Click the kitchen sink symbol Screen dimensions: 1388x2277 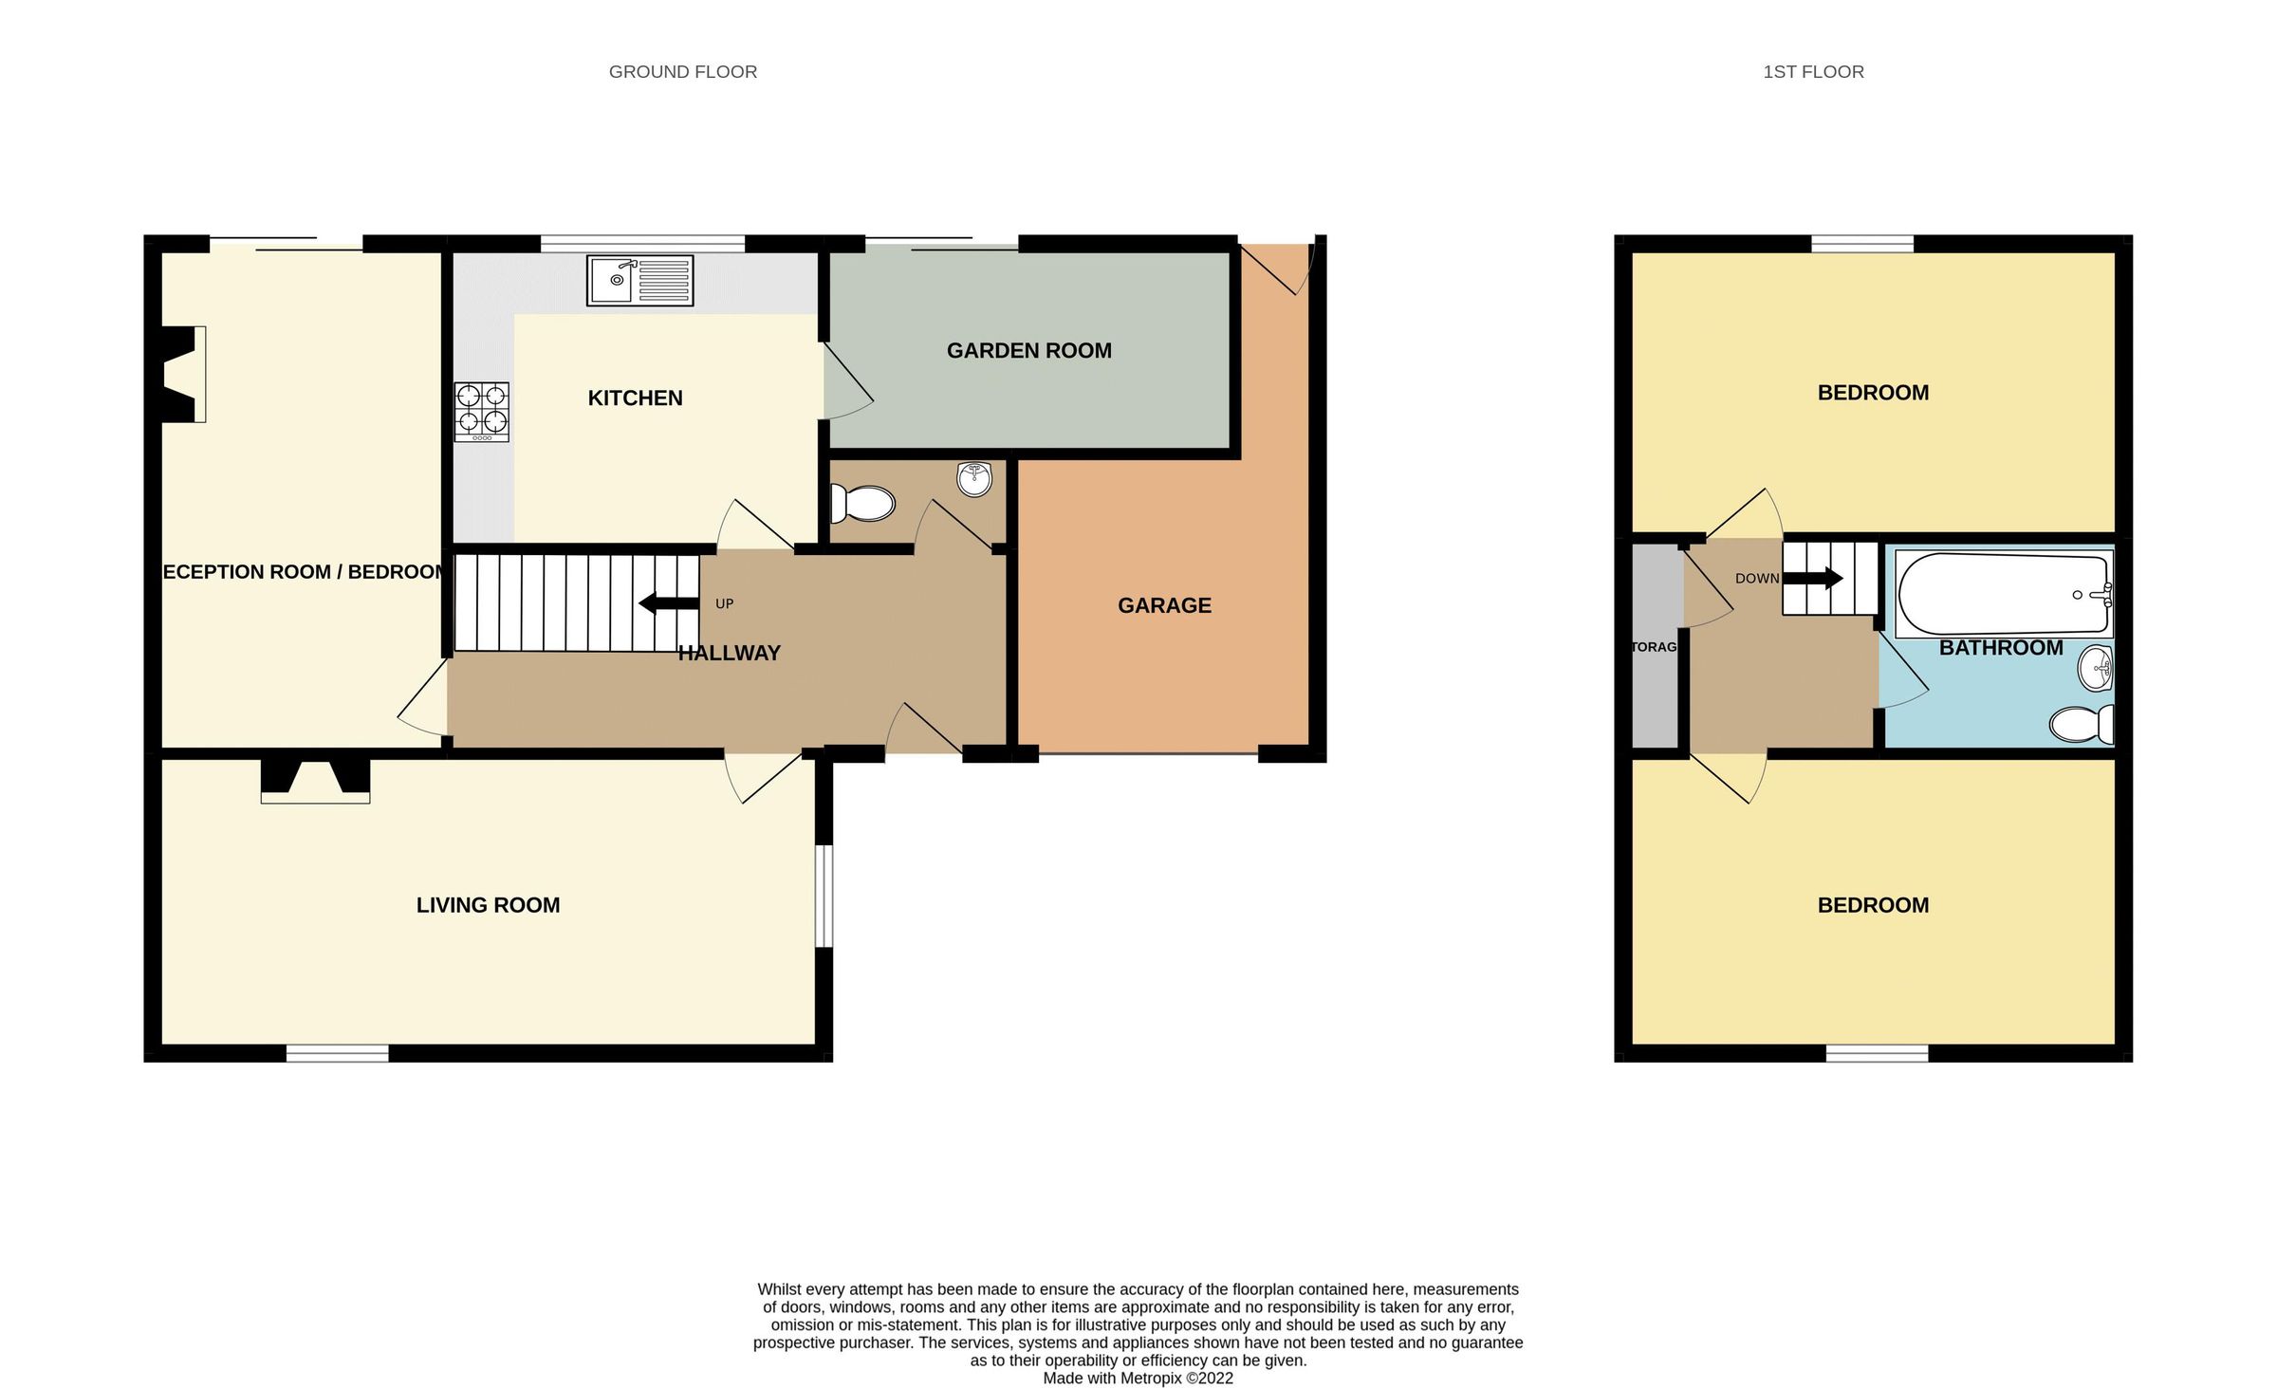[x=639, y=280]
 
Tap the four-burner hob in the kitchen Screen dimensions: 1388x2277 [x=482, y=412]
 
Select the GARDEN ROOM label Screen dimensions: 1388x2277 [x=1028, y=351]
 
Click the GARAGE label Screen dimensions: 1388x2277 [x=1164, y=605]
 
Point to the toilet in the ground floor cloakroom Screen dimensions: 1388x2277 [x=862, y=504]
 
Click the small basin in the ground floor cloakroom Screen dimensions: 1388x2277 [x=974, y=479]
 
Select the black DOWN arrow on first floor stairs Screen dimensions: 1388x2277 [x=1814, y=578]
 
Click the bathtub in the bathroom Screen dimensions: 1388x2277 [x=2002, y=595]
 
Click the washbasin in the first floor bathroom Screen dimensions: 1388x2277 [x=2095, y=668]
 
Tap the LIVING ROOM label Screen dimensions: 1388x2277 [x=488, y=905]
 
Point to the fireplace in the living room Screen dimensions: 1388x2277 [x=315, y=780]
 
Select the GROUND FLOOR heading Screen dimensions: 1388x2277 [x=682, y=72]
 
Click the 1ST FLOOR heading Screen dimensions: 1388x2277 [x=1813, y=72]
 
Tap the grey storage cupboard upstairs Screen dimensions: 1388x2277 [x=1654, y=647]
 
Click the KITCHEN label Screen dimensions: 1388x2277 [x=635, y=398]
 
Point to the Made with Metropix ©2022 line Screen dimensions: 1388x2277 [x=1138, y=1379]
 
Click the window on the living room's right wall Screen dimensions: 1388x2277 [x=824, y=896]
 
